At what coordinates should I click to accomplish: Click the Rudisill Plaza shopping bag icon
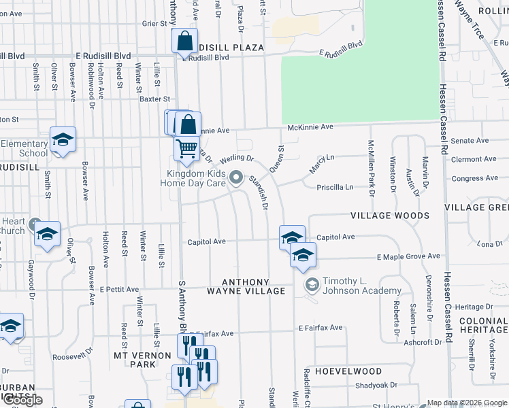(185, 41)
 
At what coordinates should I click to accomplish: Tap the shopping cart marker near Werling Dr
(186, 148)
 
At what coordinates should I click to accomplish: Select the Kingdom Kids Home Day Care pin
(236, 177)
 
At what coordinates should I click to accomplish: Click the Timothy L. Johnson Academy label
(361, 286)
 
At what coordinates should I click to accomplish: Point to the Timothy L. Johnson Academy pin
(312, 284)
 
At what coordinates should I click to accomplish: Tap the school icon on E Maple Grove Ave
(303, 255)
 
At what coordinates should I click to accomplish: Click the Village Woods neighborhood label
(390, 216)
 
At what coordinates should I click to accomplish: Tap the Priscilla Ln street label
(335, 187)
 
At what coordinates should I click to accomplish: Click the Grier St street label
(154, 23)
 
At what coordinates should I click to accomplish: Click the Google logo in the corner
(22, 400)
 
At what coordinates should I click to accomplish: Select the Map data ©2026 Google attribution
(467, 403)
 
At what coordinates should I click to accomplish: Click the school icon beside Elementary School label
(63, 141)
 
